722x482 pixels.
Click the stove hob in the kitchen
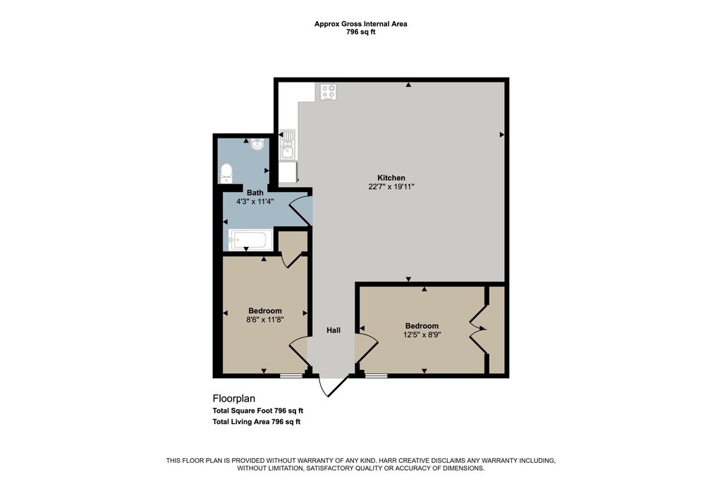329,92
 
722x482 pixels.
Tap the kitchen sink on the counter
288,145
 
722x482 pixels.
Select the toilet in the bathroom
226,173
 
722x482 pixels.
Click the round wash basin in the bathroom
257,145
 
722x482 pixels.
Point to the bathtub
248,240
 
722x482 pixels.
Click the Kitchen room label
391,178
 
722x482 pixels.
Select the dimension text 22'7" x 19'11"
391,186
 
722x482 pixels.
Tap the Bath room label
255,193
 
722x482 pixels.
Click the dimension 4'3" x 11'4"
255,201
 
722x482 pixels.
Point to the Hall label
334,330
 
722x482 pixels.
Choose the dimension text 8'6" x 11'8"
265,320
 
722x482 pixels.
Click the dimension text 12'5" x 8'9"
422,335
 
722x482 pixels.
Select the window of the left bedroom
291,376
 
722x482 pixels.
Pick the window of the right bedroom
377,376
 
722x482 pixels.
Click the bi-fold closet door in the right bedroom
478,329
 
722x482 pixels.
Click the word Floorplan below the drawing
234,399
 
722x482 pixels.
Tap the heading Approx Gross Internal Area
360,24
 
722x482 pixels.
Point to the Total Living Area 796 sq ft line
257,421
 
